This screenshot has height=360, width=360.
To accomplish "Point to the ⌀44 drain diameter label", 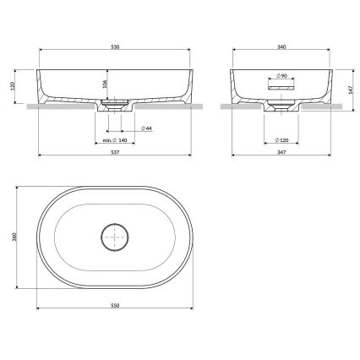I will (x=148, y=128).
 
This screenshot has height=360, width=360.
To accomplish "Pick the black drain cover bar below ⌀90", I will (x=279, y=85).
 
